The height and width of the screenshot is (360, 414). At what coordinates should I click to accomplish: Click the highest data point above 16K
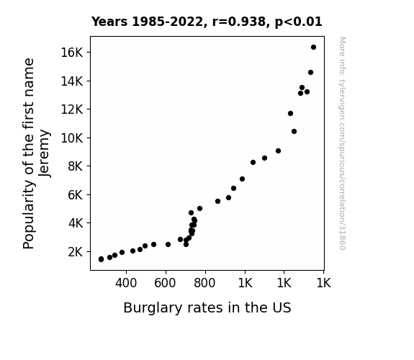313,48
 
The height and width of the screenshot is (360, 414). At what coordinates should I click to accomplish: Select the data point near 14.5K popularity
310,73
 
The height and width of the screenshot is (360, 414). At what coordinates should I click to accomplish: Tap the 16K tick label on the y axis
72,53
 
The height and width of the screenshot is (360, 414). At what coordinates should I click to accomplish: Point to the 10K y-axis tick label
72,138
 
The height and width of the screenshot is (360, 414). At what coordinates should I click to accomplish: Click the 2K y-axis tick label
76,252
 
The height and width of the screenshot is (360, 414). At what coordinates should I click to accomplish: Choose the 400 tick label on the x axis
126,283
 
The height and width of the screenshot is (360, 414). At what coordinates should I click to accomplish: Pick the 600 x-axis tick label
165,283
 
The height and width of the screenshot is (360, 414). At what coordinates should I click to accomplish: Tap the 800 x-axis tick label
204,283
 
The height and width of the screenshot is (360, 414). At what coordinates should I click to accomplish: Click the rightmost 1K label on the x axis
324,283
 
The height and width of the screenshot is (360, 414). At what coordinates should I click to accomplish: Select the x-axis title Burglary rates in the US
207,308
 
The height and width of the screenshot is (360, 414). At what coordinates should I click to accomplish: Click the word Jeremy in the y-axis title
45,153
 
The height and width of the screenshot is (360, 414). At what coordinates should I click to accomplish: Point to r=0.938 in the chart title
239,22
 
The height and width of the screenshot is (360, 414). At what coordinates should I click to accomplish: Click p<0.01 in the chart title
299,22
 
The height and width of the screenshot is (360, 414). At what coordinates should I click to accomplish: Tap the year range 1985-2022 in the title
167,22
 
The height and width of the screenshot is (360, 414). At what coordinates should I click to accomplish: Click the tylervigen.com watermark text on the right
342,143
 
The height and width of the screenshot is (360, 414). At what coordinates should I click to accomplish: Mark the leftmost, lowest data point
101,259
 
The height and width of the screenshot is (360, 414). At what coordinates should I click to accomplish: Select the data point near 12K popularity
290,113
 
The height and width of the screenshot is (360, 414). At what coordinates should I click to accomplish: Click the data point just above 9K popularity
278,150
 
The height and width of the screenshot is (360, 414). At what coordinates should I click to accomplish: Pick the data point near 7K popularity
242,179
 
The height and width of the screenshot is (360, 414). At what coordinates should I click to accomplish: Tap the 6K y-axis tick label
76,195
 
